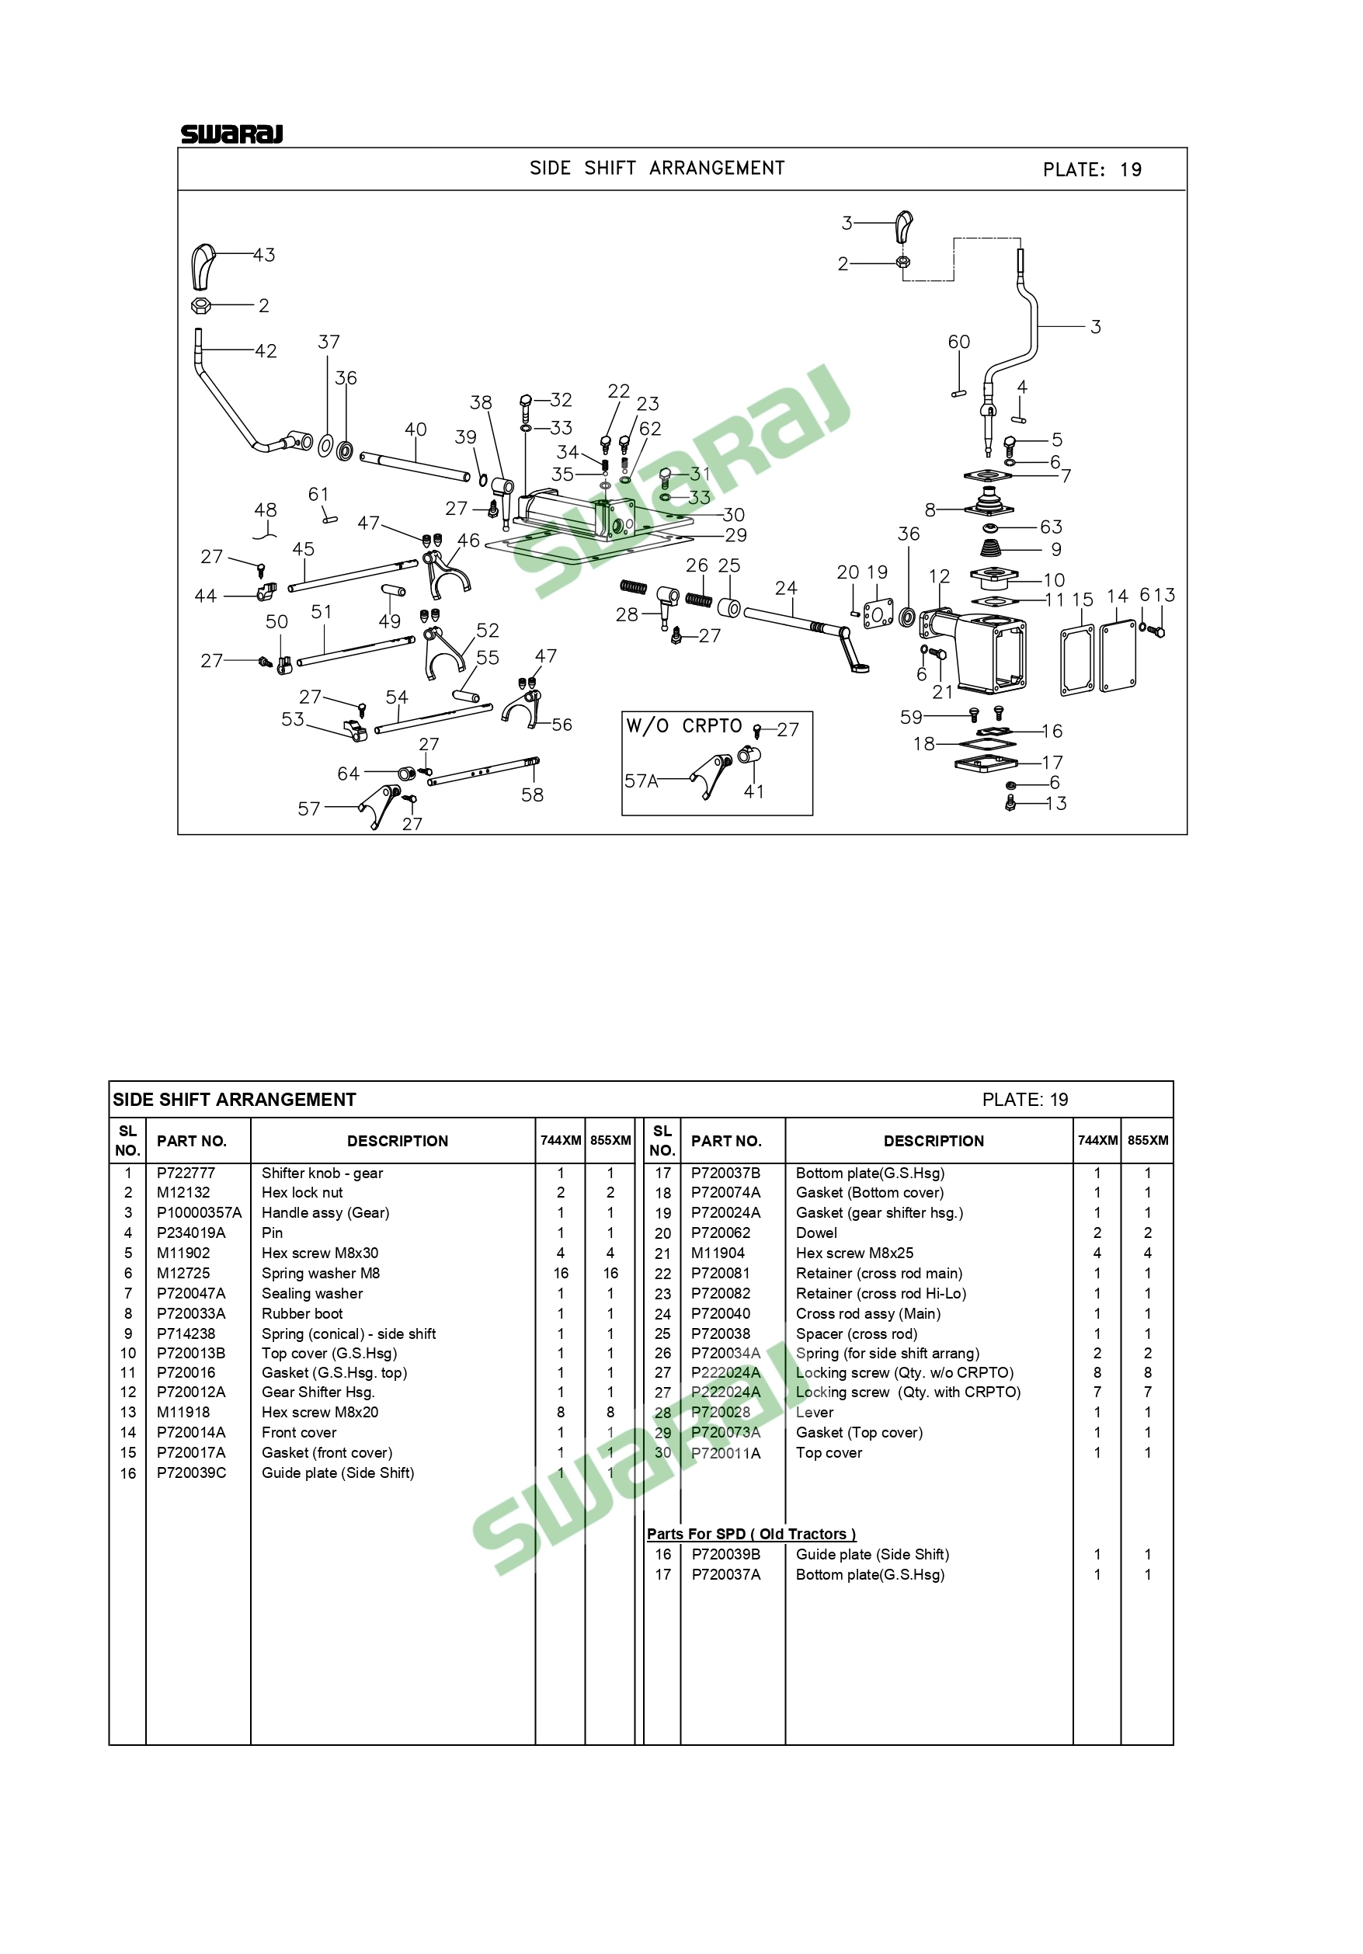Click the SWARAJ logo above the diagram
pyautogui.click(x=231, y=134)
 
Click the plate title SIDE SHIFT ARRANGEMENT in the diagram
pyautogui.click(x=657, y=169)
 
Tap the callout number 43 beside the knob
pyautogui.click(x=264, y=255)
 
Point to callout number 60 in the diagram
pyautogui.click(x=959, y=341)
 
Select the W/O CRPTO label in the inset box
pyautogui.click(x=684, y=726)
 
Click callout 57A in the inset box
pyautogui.click(x=642, y=781)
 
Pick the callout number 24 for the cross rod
pyautogui.click(x=786, y=588)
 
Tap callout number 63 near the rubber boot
pyautogui.click(x=1051, y=527)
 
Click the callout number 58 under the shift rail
pyautogui.click(x=533, y=794)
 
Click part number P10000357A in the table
pyautogui.click(x=199, y=1212)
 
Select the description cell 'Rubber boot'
pyautogui.click(x=302, y=1313)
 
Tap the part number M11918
pyautogui.click(x=184, y=1412)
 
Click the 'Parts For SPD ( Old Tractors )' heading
pyautogui.click(x=751, y=1534)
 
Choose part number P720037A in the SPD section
pyautogui.click(x=725, y=1574)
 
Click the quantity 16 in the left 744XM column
pyautogui.click(x=561, y=1273)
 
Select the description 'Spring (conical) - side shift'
pyautogui.click(x=349, y=1333)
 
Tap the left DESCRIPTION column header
pyautogui.click(x=398, y=1141)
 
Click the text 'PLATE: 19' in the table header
pyautogui.click(x=1025, y=1100)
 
